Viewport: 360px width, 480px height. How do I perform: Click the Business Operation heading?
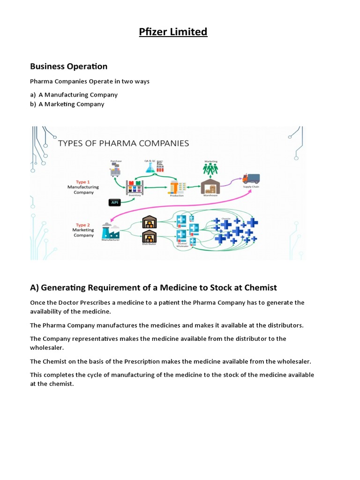click(x=68, y=66)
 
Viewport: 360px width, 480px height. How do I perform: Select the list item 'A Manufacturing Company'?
click(x=78, y=95)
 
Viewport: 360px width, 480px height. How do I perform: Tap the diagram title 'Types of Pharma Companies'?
click(x=123, y=143)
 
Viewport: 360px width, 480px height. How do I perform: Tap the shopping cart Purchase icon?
click(x=115, y=171)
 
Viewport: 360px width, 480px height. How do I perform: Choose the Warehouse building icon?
click(x=210, y=187)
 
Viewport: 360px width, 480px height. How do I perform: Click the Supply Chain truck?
click(x=251, y=179)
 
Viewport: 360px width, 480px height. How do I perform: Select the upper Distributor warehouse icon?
click(x=149, y=221)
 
